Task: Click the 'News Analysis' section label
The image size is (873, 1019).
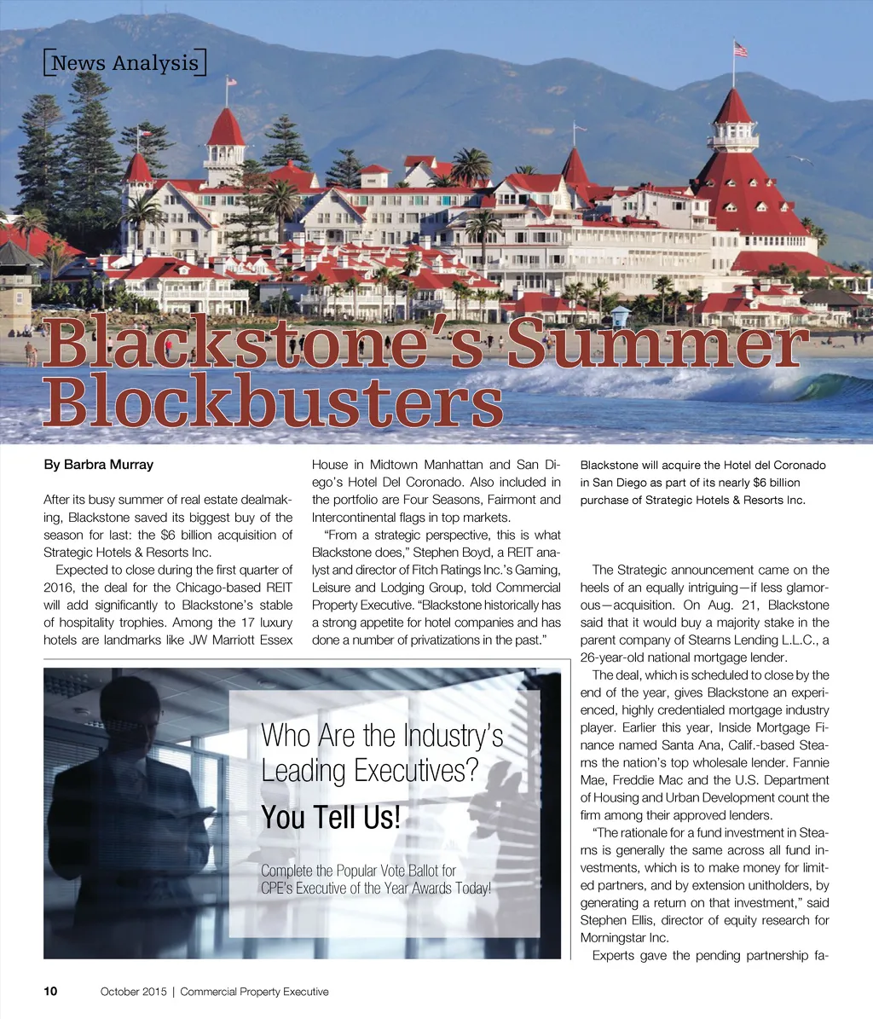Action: [124, 63]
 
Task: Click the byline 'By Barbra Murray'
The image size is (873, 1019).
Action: [98, 466]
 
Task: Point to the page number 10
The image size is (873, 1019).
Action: [51, 991]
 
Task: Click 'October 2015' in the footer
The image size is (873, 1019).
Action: [133, 992]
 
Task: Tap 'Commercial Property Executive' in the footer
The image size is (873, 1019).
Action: [254, 992]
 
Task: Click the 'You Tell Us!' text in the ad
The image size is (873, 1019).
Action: [330, 817]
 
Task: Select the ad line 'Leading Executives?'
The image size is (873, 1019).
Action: [368, 772]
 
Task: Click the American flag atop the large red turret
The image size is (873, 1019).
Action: [740, 49]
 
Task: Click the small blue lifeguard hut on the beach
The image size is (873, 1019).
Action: [620, 316]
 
